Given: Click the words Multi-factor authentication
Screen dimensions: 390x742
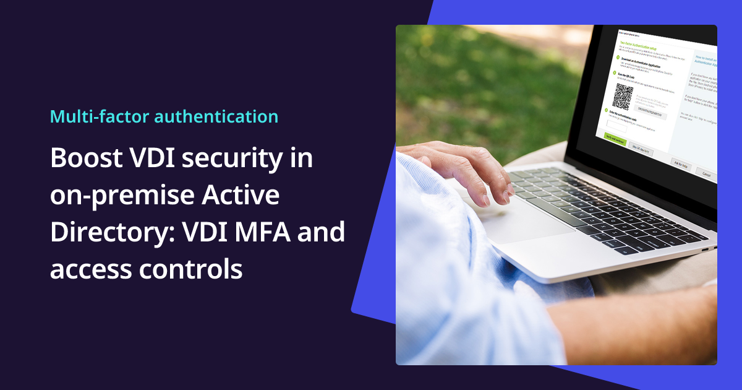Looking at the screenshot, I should (164, 116).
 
